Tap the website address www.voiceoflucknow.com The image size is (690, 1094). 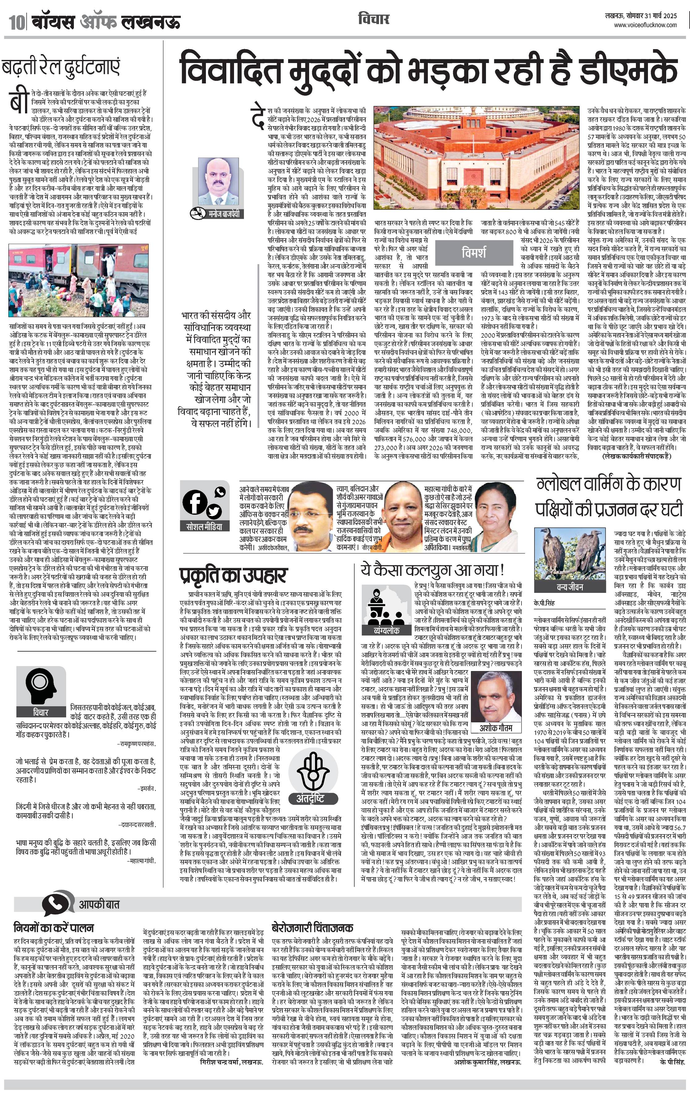(x=645, y=25)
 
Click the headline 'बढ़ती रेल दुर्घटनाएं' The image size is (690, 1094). (x=61, y=68)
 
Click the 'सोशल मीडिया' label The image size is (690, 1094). (x=205, y=527)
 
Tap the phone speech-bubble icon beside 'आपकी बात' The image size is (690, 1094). (x=58, y=904)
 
